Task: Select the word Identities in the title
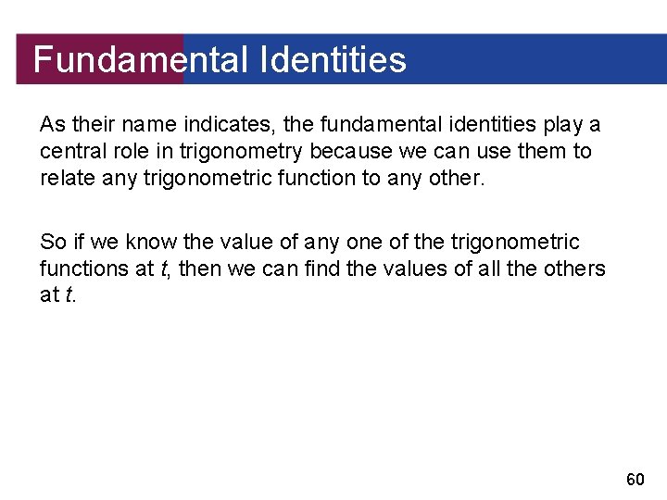tap(333, 60)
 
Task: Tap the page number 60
tap(635, 479)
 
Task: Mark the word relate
tap(64, 178)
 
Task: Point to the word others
tap(574, 269)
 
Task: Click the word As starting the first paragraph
tap(52, 124)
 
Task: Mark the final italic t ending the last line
tap(68, 296)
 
